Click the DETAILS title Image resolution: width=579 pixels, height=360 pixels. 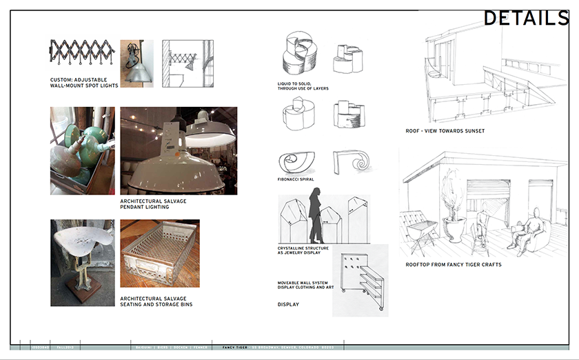tap(525, 19)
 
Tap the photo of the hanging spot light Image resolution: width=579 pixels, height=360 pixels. tap(136, 63)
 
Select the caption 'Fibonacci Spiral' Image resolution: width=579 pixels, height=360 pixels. tap(296, 179)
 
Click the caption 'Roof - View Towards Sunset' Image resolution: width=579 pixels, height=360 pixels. tap(445, 131)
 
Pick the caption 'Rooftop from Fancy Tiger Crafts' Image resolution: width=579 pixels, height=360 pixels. tap(453, 265)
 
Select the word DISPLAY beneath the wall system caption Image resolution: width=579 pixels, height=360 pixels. tap(289, 304)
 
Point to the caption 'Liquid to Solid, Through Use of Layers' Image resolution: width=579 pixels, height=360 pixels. tap(303, 86)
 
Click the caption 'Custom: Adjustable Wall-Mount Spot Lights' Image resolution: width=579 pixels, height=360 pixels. tap(84, 83)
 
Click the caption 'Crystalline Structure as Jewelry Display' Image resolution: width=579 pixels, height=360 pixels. tap(303, 250)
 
